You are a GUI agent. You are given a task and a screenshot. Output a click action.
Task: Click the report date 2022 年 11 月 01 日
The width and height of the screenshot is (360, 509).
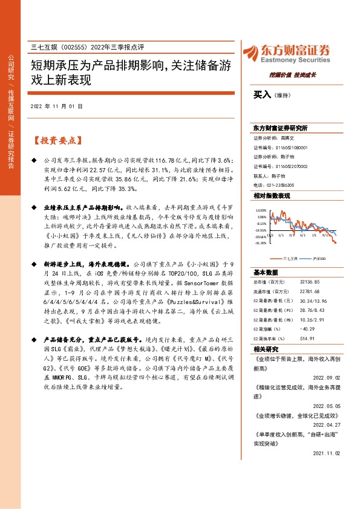[x=56, y=107]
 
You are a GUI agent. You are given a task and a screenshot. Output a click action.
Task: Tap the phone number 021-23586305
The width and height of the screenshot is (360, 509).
[x=283, y=184]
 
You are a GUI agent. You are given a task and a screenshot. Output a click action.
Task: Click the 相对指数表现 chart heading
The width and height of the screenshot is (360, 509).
[x=272, y=196]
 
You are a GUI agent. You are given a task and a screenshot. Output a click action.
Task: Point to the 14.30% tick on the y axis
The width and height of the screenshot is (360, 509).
[x=261, y=211]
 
